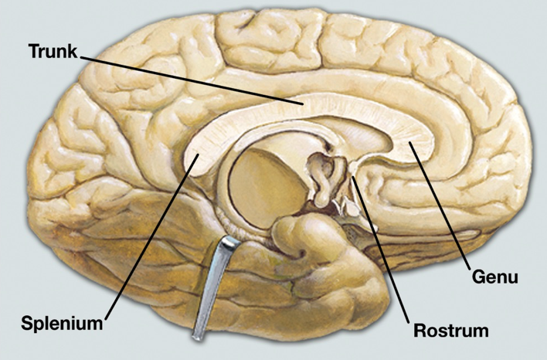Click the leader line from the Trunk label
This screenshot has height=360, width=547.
pos(193,79)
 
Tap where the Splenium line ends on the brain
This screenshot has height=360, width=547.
pos(198,155)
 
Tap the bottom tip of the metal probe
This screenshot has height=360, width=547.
pos(199,336)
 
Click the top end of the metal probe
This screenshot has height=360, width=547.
pos(229,242)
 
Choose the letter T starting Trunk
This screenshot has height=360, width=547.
pos(34,52)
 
